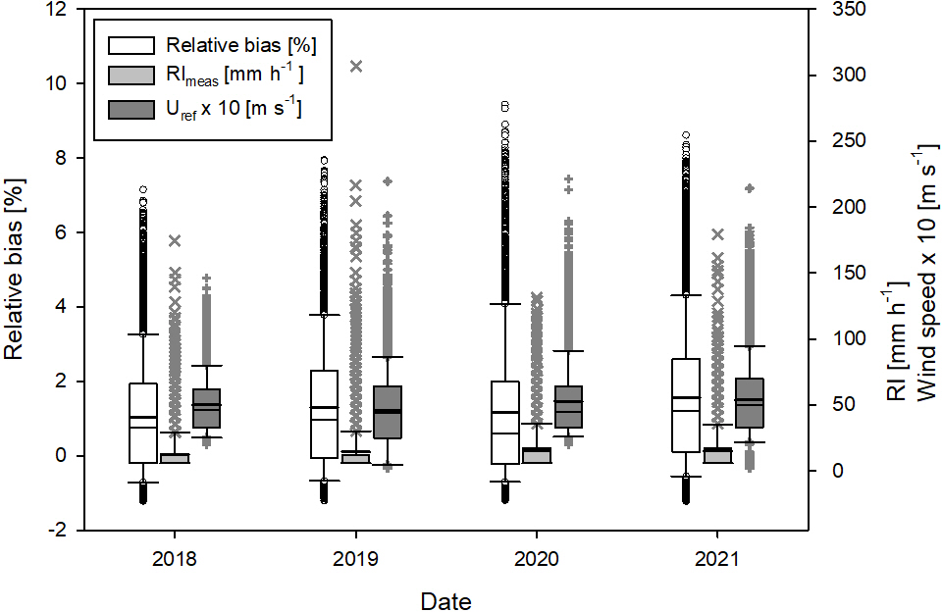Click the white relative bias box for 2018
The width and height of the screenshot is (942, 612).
143,422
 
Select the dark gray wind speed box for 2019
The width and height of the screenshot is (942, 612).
388,412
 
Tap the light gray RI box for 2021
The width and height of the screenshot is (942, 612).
717,455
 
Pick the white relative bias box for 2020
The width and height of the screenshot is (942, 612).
505,422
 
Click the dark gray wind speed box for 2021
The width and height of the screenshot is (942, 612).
750,402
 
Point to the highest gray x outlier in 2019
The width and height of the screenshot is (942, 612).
356,67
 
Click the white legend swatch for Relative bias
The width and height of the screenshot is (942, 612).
131,45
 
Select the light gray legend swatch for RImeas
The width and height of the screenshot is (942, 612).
131,75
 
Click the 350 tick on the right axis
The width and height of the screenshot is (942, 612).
830,10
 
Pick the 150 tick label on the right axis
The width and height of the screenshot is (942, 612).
830,274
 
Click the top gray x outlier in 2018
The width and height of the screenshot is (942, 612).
175,240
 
